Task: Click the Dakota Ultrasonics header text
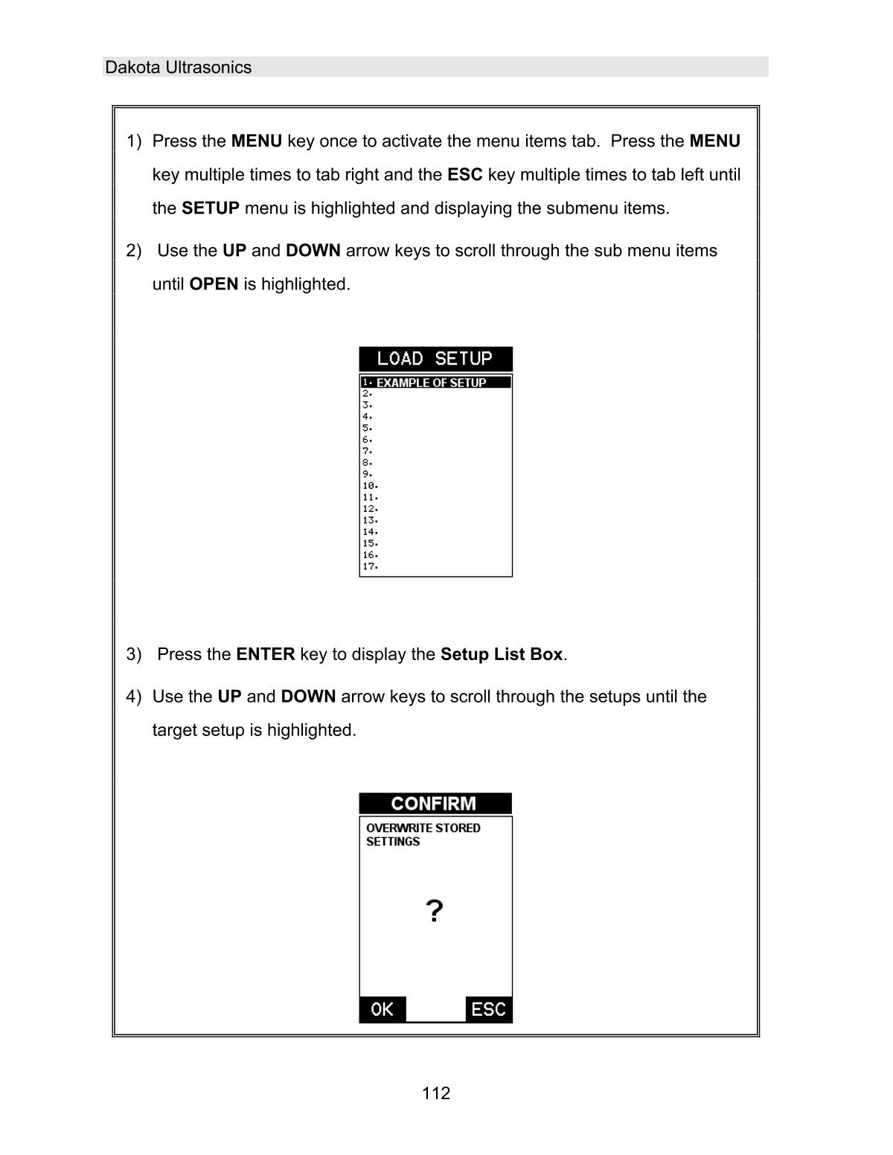click(178, 67)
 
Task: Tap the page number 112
click(435, 1092)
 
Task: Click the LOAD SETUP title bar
click(435, 359)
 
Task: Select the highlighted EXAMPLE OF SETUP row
click(435, 383)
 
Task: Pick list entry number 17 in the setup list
click(371, 566)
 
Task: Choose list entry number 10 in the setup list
click(371, 485)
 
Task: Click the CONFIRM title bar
click(435, 804)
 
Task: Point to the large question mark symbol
click(435, 911)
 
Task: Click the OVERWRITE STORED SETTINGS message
click(422, 834)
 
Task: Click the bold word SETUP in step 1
click(210, 208)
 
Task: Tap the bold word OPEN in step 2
click(214, 284)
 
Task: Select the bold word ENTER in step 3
click(265, 654)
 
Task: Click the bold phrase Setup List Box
click(501, 654)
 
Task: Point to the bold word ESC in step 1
click(464, 175)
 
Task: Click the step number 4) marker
click(134, 697)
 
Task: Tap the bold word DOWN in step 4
click(308, 697)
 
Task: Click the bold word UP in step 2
click(234, 251)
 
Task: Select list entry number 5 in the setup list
click(368, 428)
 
